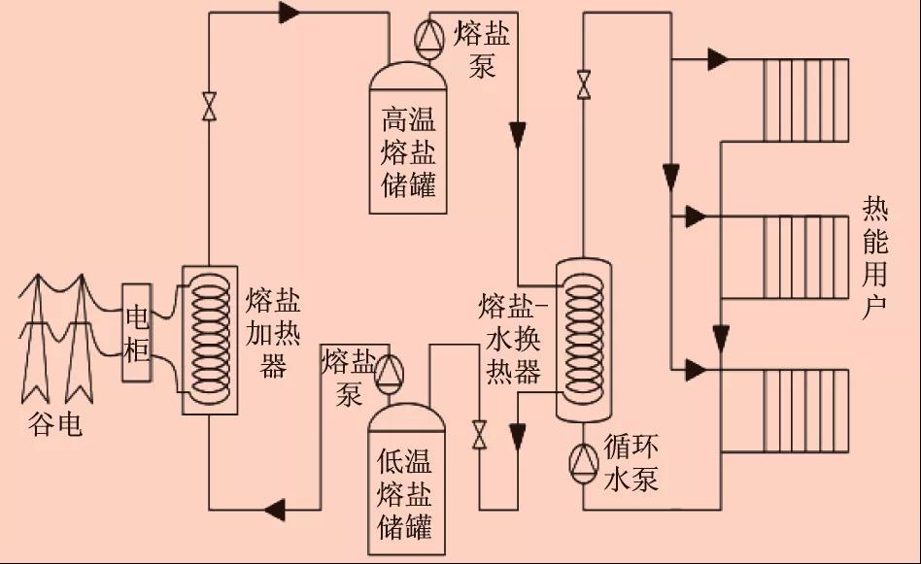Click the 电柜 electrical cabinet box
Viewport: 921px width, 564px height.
[137, 333]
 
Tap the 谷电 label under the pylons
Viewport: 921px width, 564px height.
[56, 424]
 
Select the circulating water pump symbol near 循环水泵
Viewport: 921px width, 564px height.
[583, 460]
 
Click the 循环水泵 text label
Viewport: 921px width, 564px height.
[631, 463]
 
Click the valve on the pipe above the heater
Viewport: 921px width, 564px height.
[209, 106]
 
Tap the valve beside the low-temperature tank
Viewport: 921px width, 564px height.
[478, 434]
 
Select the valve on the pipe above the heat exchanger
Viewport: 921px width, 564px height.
[583, 84]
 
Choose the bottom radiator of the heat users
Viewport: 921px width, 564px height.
[805, 411]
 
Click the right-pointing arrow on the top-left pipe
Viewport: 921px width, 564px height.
[289, 13]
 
